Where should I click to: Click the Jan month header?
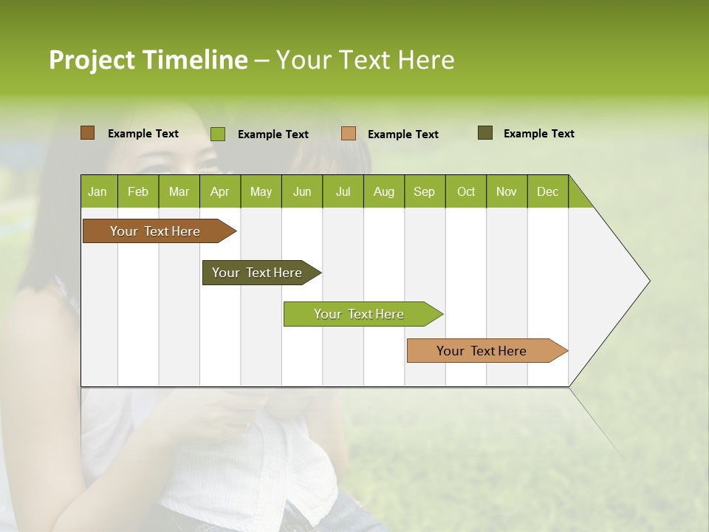tap(98, 191)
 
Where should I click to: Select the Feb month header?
tap(138, 191)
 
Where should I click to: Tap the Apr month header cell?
tap(220, 191)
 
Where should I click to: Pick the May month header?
tap(261, 191)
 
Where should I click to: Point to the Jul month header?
tap(343, 191)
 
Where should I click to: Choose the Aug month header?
tap(384, 191)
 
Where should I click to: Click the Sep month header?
tap(425, 191)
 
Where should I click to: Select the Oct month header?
tap(466, 191)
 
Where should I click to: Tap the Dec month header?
tap(548, 191)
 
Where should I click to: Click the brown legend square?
tap(87, 133)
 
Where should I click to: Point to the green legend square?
tap(217, 134)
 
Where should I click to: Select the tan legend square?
tap(349, 134)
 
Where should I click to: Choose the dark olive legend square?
tap(484, 133)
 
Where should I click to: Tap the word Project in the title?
tap(92, 60)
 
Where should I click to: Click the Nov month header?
tap(507, 191)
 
